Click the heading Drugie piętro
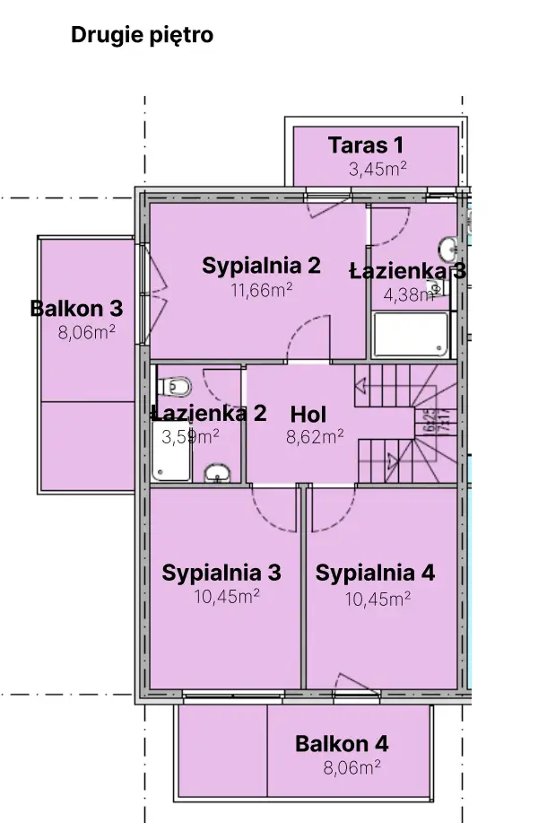142,35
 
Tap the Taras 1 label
366,144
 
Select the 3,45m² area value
378,169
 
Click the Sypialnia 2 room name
261,266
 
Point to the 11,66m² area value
262,290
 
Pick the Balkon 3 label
76,308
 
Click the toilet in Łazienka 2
174,388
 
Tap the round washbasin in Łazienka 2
217,472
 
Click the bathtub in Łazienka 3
411,335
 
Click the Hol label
308,415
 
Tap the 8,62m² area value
315,436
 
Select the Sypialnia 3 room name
221,573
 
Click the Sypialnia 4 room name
375,573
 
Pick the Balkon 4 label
342,744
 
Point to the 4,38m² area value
409,295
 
